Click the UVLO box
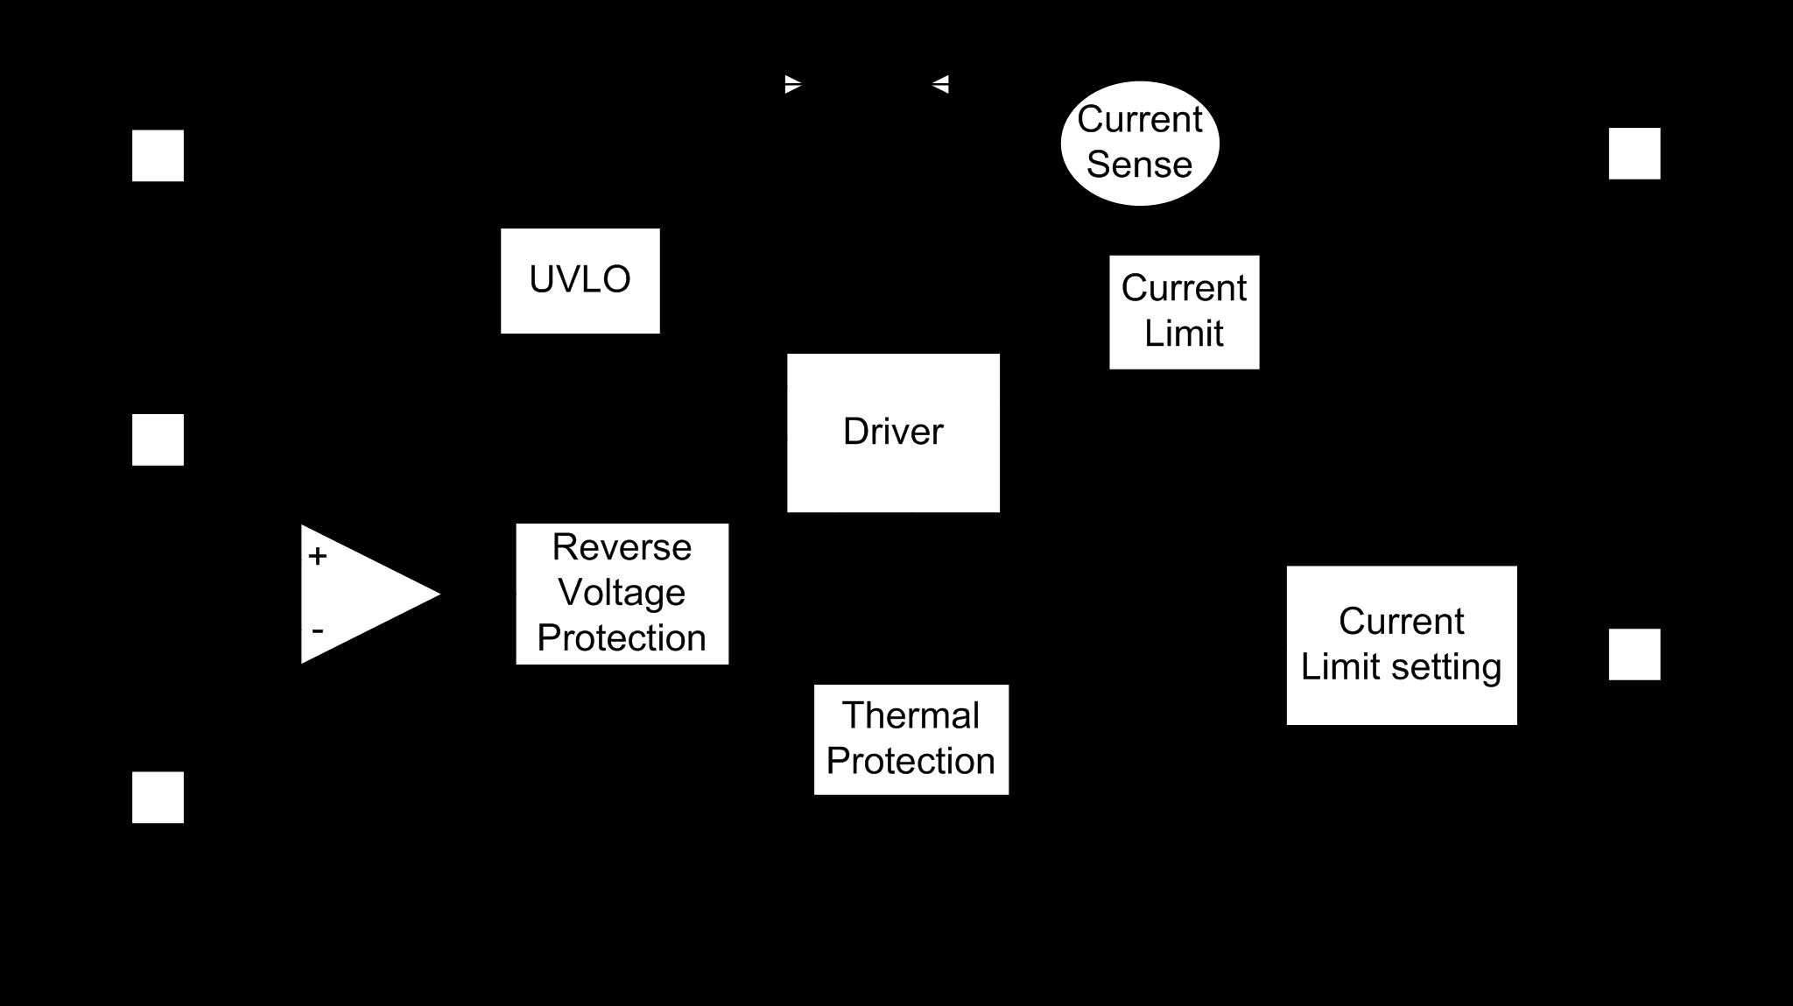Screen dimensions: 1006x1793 click(580, 280)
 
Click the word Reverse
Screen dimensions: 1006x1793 click(622, 547)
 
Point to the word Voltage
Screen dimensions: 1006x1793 click(622, 593)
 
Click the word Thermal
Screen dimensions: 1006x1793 click(911, 715)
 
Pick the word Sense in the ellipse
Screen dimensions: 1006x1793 click(1139, 165)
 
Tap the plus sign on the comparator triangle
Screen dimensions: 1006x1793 click(318, 556)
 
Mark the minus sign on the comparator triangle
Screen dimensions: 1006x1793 click(318, 630)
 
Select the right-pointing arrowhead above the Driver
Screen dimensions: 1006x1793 click(793, 84)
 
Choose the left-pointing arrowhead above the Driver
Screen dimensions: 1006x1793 click(940, 84)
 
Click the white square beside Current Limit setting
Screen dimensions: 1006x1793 click(1634, 654)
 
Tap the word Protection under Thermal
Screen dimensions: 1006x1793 click(911, 761)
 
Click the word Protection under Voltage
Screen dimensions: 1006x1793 click(622, 638)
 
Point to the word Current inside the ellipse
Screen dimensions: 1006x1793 click(1139, 119)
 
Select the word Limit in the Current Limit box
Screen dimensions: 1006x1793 click(1184, 334)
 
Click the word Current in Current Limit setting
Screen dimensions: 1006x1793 click(1401, 622)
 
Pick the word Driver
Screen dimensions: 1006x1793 click(893, 432)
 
